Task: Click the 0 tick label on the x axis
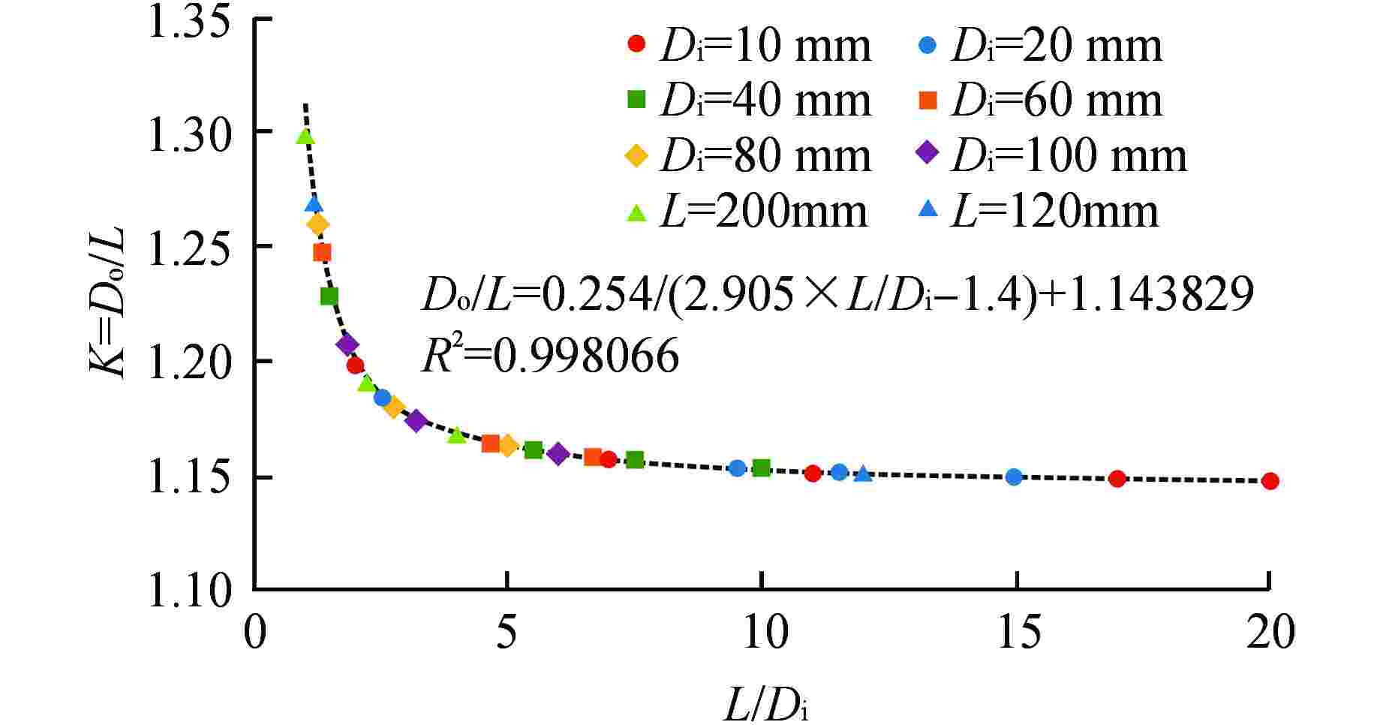[255, 632]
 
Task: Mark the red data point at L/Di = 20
[1270, 481]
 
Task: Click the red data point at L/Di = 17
[1117, 479]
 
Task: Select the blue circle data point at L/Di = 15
[1014, 477]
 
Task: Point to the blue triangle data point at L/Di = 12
[863, 474]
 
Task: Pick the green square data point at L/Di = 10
[762, 468]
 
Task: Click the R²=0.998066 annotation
[550, 356]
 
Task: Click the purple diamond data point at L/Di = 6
[558, 454]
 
